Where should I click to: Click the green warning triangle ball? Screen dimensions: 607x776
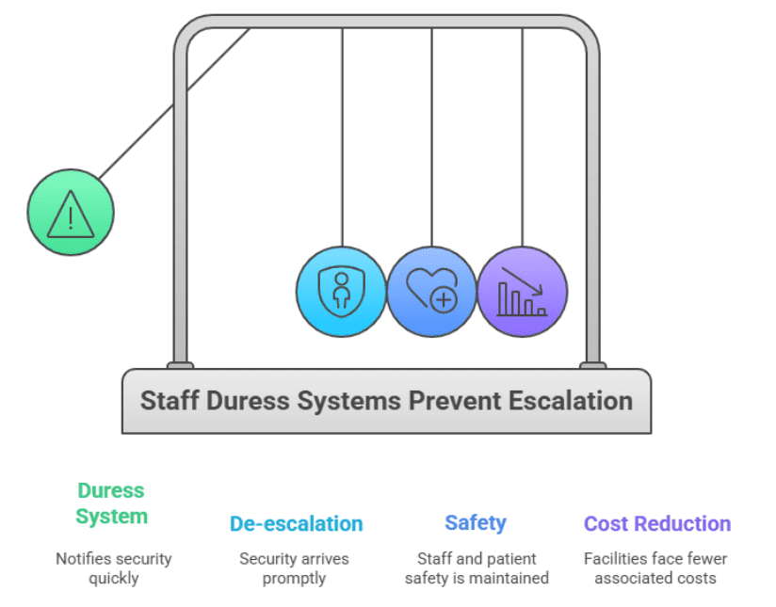pyautogui.click(x=70, y=212)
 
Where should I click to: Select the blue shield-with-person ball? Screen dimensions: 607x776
pyautogui.click(x=341, y=291)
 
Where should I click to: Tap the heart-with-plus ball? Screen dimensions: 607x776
pyautogui.click(x=431, y=291)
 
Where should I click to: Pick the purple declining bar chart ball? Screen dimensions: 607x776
pyautogui.click(x=522, y=291)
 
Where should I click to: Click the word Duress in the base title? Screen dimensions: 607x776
pyautogui.click(x=242, y=401)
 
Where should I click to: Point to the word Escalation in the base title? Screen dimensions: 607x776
pyautogui.click(x=571, y=401)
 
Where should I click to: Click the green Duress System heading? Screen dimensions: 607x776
pyautogui.click(x=111, y=503)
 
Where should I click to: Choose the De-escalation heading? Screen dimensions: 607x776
pyautogui.click(x=296, y=524)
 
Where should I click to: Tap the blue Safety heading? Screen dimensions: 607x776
pyautogui.click(x=476, y=523)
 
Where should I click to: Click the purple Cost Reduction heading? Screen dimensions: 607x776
pyautogui.click(x=656, y=524)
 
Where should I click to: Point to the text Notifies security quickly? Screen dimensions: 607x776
pyautogui.click(x=113, y=568)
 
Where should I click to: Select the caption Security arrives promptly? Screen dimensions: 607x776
pyautogui.click(x=294, y=568)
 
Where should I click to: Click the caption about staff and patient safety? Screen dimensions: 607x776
pyautogui.click(x=476, y=568)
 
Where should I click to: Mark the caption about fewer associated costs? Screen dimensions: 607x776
pyautogui.click(x=655, y=568)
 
